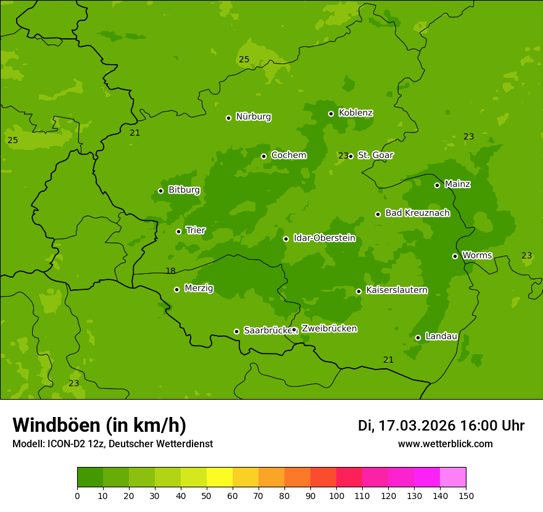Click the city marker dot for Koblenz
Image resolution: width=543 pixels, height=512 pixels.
(x=331, y=114)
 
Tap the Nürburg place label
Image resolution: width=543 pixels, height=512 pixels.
(x=253, y=117)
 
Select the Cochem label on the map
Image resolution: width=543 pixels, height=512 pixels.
(x=288, y=155)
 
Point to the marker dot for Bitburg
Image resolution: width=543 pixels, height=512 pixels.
(x=160, y=191)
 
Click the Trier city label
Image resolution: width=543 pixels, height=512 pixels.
(x=196, y=230)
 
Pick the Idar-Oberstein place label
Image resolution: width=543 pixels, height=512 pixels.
(x=324, y=237)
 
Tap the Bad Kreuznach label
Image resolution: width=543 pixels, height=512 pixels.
(x=417, y=213)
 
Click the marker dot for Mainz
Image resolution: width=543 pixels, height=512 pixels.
(x=437, y=185)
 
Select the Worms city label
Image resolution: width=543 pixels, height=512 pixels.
(x=477, y=255)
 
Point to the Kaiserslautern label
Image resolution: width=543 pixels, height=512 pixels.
(x=396, y=290)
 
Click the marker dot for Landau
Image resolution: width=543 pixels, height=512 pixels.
(x=418, y=337)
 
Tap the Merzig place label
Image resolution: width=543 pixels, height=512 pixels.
(x=199, y=288)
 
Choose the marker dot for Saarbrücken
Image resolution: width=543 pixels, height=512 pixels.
(x=236, y=331)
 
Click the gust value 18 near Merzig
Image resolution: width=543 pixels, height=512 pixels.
(x=170, y=271)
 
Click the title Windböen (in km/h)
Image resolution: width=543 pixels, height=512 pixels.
(x=99, y=425)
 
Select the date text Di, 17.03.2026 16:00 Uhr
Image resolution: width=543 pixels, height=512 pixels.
(x=441, y=426)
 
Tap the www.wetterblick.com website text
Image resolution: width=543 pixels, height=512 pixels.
(x=445, y=444)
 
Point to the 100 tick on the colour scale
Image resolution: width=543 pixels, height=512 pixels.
(x=336, y=495)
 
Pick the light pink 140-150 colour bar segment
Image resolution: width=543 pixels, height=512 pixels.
(x=453, y=477)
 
